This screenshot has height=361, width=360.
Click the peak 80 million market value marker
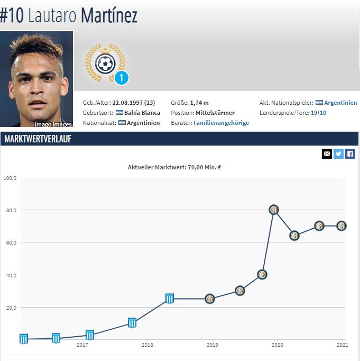274,210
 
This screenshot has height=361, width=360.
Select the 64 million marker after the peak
294,236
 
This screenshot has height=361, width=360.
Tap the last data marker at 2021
341,226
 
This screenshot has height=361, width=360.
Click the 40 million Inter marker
262,275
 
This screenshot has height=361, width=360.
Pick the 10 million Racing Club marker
132,323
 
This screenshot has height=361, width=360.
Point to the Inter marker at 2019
210,299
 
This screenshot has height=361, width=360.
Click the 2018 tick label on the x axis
147,345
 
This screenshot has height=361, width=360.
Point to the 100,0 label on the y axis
10,178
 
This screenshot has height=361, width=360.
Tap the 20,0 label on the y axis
10,308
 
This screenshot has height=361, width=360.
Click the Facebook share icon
350,154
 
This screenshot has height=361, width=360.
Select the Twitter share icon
338,154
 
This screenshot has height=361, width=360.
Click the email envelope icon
327,154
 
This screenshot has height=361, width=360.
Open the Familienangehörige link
221,123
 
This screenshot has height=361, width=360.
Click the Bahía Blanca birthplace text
142,113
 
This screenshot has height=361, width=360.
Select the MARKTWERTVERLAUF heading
38,139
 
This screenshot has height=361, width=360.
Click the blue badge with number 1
121,78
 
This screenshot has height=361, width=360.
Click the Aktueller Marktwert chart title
174,167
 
